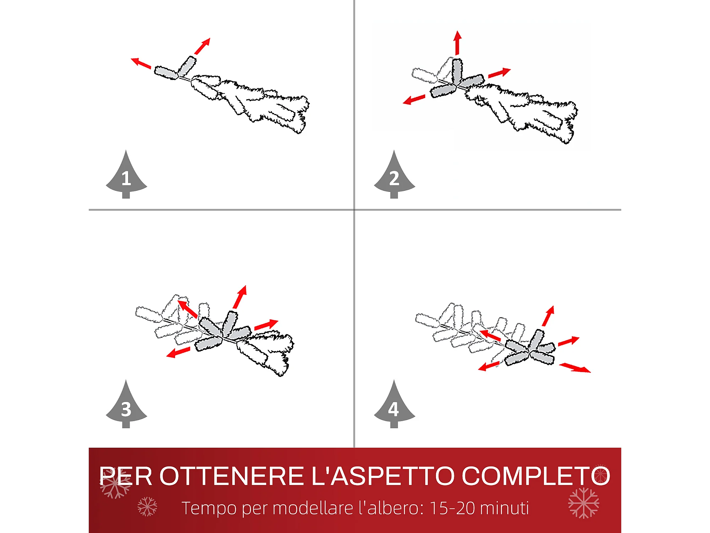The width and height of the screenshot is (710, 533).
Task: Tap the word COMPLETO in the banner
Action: coord(536,476)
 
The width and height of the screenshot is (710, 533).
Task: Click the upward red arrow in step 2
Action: coord(458,43)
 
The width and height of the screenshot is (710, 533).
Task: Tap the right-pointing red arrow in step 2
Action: coord(499,72)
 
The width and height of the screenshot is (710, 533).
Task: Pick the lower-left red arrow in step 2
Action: coord(414,99)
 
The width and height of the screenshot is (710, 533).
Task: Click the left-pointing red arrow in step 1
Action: coord(141,63)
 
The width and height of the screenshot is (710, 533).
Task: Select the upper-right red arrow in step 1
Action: coord(202,46)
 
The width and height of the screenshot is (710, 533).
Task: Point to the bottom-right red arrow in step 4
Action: coord(575,368)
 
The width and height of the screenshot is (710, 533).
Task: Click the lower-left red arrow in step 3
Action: coord(178,352)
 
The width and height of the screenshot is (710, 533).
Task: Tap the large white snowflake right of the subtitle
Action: coord(584,503)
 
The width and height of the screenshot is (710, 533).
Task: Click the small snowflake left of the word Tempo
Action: coord(147,506)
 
